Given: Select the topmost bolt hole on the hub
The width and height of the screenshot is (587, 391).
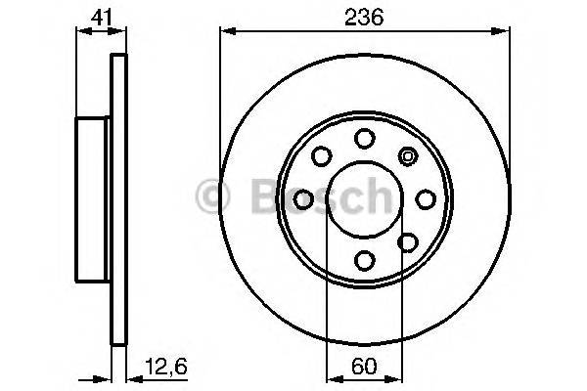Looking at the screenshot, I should click(364, 138).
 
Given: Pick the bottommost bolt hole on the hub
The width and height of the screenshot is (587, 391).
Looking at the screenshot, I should click(364, 259).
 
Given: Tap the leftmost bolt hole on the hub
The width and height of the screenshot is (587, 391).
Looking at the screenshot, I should click(303, 199).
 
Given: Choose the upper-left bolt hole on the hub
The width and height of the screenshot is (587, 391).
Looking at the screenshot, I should click(321, 156).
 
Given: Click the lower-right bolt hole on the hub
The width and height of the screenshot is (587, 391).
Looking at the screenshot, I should click(407, 241).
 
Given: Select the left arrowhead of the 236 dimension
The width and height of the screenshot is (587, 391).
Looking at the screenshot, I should click(225, 32).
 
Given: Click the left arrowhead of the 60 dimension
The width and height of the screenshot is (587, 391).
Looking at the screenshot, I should click(331, 378).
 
